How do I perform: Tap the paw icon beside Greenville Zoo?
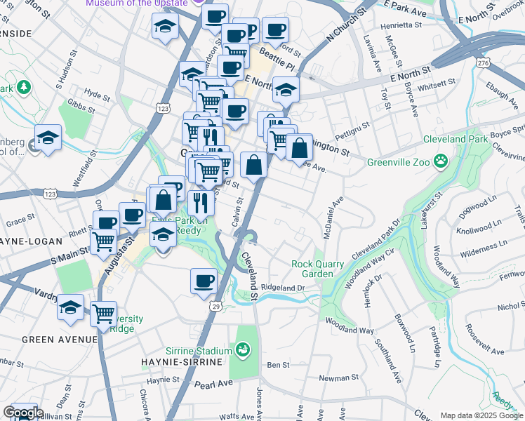tap(441, 162)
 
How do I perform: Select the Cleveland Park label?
tap(455, 139)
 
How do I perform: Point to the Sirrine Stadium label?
tap(199, 350)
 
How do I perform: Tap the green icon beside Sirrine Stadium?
tap(242, 349)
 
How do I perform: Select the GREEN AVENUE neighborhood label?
tap(59, 340)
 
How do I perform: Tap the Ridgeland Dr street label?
tap(283, 288)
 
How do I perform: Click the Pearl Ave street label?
tap(213, 385)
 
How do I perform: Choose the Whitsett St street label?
tap(437, 84)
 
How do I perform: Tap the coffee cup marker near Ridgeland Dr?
tap(204, 281)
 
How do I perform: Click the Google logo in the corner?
tap(22, 413)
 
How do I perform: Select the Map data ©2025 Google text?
tap(481, 415)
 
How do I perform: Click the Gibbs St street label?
tap(81, 106)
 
